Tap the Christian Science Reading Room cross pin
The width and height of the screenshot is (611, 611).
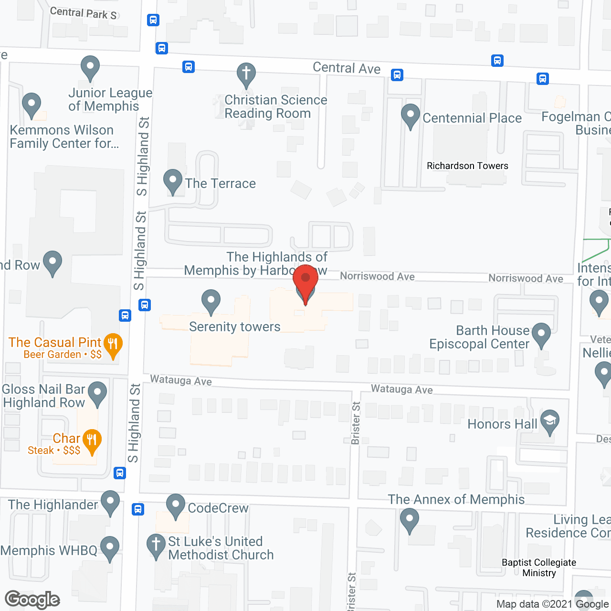[246, 74]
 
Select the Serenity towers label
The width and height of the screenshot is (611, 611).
[234, 327]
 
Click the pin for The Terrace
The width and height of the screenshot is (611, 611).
[173, 180]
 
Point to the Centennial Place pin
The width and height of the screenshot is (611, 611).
[410, 115]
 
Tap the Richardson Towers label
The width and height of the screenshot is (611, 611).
[467, 166]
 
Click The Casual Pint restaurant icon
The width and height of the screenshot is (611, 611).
[113, 344]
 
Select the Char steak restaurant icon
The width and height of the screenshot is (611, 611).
[92, 441]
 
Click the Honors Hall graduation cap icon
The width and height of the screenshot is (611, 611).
[550, 421]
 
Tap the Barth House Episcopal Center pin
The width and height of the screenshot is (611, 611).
[541, 334]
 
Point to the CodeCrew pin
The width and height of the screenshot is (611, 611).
[176, 505]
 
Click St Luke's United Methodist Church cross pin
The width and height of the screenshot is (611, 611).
[156, 545]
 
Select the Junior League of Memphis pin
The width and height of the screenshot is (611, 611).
[90, 67]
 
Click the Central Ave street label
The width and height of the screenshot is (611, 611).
[347, 68]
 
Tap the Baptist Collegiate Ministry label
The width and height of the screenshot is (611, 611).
[539, 568]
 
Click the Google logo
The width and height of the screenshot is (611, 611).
[32, 599]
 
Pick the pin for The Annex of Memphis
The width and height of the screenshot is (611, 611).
[410, 519]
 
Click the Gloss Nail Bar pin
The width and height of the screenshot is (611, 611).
[98, 393]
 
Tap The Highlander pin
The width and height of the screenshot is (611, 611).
[110, 502]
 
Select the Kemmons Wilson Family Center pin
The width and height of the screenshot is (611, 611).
[32, 104]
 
